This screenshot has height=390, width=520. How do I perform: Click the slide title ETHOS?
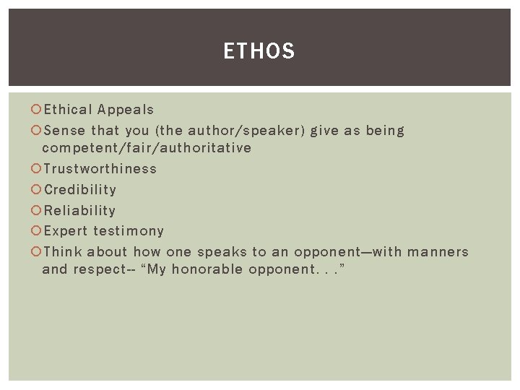[259, 51]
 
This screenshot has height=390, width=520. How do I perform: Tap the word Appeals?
[126, 110]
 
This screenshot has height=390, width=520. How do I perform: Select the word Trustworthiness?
[100, 169]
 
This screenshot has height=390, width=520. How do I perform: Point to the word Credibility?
[79, 190]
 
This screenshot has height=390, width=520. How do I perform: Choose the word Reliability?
[79, 211]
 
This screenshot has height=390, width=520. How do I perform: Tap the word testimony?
[128, 231]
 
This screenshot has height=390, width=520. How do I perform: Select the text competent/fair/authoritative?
[147, 148]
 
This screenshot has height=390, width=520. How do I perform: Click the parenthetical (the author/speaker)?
[229, 131]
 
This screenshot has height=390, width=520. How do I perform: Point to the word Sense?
[64, 131]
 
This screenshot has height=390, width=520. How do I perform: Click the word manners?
[438, 252]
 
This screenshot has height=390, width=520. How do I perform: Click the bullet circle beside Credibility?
[37, 190]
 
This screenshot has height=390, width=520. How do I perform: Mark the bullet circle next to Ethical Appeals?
[37, 110]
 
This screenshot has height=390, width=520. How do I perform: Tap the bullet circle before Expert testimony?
[37, 231]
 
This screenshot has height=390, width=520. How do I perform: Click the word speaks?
[222, 252]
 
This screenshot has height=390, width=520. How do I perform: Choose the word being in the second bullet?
[385, 131]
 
